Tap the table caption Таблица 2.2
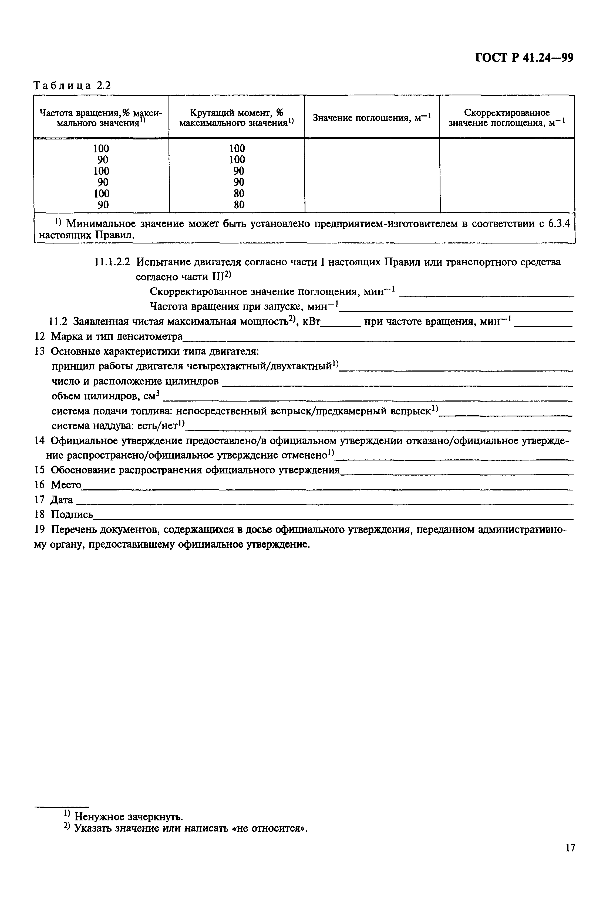[72, 85]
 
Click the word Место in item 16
[66, 485]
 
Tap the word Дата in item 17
[62, 500]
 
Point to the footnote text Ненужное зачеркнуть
[128, 817]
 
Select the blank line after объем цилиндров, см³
[368, 400]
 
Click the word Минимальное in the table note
[101, 224]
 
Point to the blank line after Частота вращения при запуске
[456, 310]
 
